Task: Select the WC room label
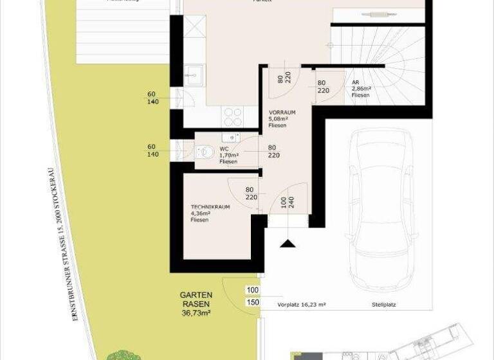coord(223,148)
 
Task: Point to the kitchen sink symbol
coord(193,76)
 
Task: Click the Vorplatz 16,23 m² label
coord(302,306)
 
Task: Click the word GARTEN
coord(196,295)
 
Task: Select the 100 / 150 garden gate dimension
coord(252,296)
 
